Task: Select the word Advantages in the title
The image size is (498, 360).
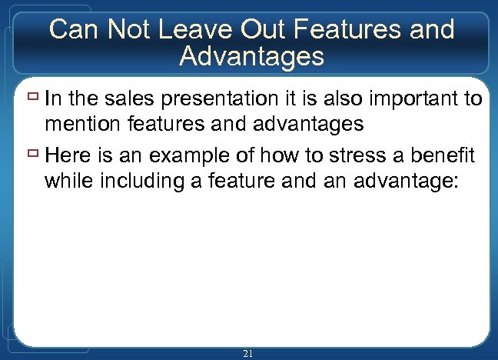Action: (251, 55)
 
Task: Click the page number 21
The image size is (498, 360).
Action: (247, 353)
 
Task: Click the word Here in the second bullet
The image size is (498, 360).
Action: (65, 157)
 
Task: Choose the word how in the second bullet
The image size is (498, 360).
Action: (282, 157)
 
